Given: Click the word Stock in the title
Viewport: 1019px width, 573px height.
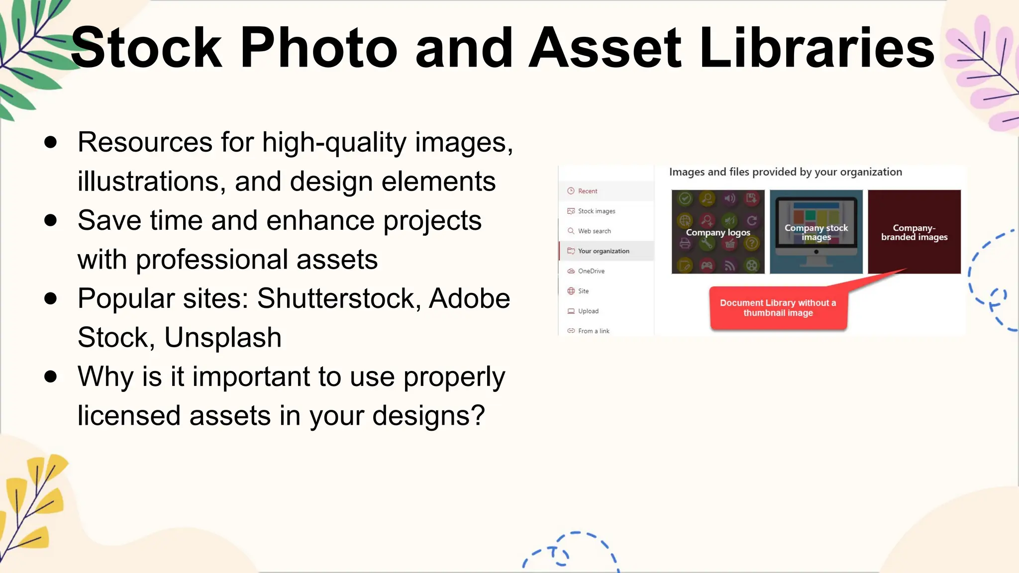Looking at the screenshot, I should pyautogui.click(x=146, y=48).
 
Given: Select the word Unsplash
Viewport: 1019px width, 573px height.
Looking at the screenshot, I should pyautogui.click(x=223, y=338).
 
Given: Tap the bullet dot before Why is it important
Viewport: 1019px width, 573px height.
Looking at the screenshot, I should pyautogui.click(x=50, y=377).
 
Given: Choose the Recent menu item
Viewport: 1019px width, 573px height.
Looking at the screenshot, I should pyautogui.click(x=587, y=191).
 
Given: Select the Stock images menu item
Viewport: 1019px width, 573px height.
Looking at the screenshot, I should pyautogui.click(x=596, y=211).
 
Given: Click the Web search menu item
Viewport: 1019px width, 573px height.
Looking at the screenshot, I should pyautogui.click(x=594, y=231).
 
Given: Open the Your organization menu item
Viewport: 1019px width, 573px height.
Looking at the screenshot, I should pyautogui.click(x=603, y=251).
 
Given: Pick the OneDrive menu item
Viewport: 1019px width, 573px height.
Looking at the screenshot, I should pyautogui.click(x=591, y=271).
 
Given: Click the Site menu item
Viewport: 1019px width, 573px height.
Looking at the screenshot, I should pyautogui.click(x=583, y=291).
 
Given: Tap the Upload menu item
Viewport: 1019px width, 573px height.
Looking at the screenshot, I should pyautogui.click(x=588, y=311).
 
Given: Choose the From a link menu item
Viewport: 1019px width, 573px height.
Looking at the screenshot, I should pyautogui.click(x=593, y=331).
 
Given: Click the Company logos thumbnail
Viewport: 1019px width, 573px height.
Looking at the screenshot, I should pyautogui.click(x=718, y=232).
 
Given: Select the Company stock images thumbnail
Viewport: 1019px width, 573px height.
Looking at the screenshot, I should pyautogui.click(x=816, y=232).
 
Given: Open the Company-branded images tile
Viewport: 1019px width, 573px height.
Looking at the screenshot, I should pyautogui.click(x=914, y=232).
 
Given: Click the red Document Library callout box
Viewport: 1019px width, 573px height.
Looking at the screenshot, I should pyautogui.click(x=778, y=308).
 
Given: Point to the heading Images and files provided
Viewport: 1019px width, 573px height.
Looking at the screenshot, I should pyautogui.click(x=785, y=172).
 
